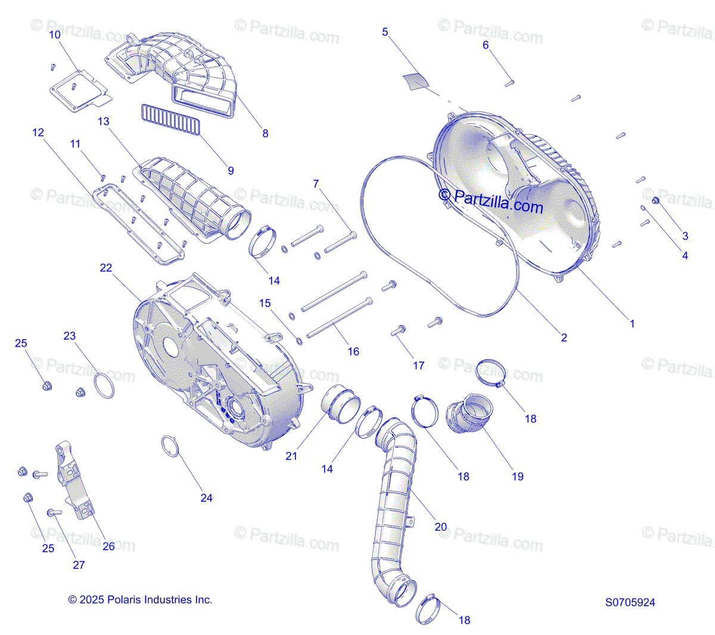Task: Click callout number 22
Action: (105, 268)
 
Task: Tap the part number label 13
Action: (103, 122)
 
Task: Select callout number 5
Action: (385, 32)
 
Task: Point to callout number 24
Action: (206, 498)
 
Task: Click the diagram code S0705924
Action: (630, 602)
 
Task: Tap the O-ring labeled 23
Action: (104, 385)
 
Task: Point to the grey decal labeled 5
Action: (416, 82)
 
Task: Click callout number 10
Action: (55, 35)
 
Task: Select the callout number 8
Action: (265, 133)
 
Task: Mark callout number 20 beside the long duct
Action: (440, 527)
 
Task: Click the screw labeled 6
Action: (509, 84)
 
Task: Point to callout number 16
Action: (353, 351)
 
